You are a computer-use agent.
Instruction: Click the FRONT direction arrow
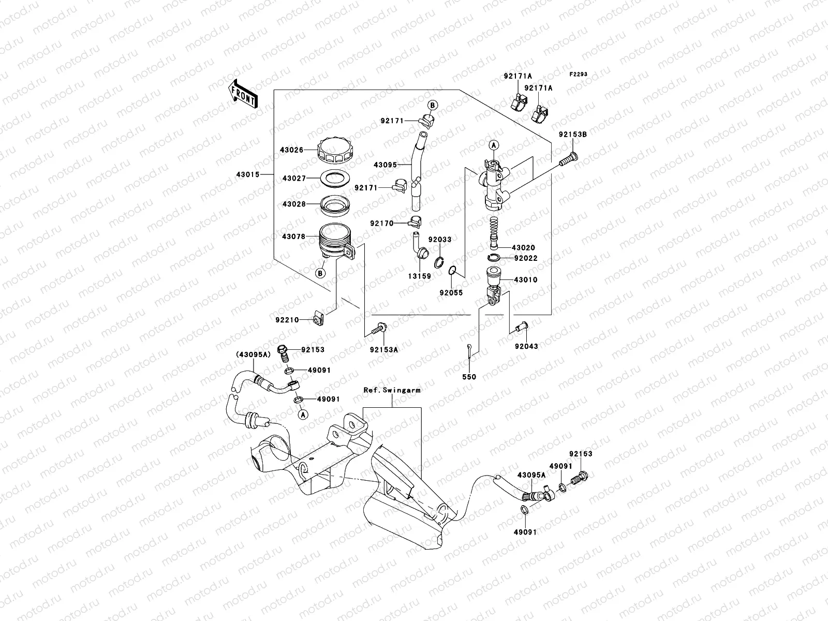(243, 94)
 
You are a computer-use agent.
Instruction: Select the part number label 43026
(292, 150)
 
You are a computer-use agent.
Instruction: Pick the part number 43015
(248, 174)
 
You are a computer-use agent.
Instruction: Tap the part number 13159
(418, 276)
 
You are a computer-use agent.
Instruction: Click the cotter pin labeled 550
(469, 348)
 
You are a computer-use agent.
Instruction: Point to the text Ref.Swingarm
(392, 391)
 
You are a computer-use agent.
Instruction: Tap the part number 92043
(527, 346)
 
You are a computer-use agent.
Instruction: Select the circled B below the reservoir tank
(320, 273)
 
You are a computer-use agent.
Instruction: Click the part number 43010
(525, 280)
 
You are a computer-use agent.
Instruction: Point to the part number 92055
(451, 293)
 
